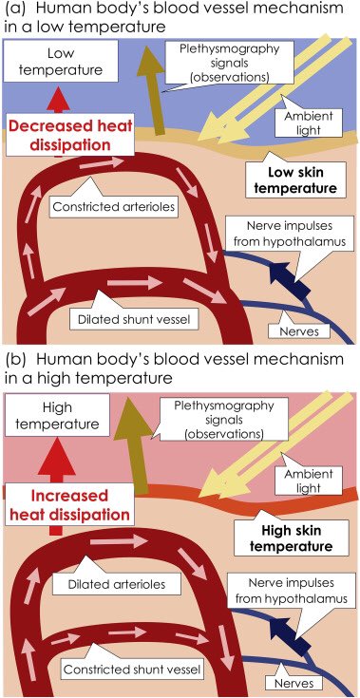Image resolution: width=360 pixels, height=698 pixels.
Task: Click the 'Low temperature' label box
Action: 60,61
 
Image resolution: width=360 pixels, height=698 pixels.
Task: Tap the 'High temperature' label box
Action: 58,415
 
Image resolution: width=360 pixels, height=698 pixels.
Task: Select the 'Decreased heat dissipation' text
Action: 70,135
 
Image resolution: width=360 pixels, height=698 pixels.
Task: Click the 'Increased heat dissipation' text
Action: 70,505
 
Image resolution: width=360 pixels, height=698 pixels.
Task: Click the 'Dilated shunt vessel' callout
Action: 125,319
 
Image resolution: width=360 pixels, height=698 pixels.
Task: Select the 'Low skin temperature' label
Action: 297,179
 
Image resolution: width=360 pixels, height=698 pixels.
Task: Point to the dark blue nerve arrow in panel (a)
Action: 290,280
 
